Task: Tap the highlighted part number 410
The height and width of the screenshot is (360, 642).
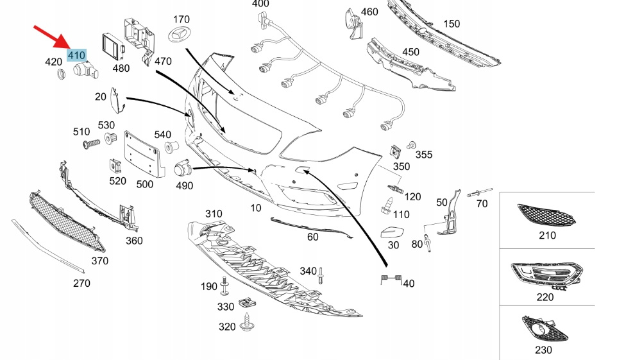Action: point(76,56)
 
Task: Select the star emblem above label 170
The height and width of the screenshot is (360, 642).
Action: point(182,36)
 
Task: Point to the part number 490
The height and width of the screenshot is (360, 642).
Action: point(184,185)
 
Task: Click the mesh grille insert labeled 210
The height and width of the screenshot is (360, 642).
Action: point(546,215)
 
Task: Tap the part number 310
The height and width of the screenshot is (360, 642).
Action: point(214,214)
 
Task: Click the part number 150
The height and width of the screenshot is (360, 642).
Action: point(452,24)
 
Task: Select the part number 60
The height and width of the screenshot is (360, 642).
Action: point(312,237)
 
